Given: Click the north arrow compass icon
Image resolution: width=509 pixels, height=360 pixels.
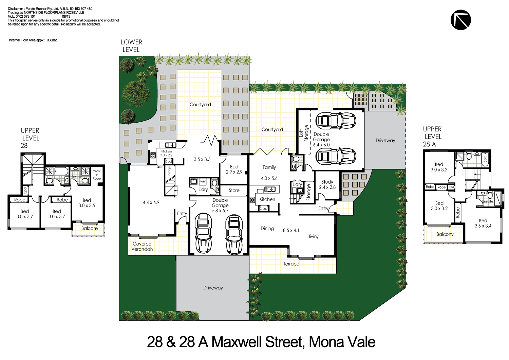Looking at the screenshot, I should [x=460, y=20].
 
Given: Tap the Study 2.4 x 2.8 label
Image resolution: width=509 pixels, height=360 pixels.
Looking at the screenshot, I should [x=327, y=184].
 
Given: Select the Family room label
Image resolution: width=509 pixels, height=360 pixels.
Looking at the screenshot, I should [x=269, y=167].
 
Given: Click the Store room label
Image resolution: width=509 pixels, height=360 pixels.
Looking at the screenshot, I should [x=234, y=190].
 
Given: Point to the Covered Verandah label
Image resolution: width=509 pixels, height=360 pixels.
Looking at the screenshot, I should [x=142, y=246].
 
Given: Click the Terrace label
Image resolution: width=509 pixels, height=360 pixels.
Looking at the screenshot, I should [x=291, y=264].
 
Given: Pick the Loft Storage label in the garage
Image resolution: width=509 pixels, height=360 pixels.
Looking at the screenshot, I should [x=304, y=133].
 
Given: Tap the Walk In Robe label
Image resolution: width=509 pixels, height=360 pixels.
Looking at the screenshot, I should [x=97, y=175].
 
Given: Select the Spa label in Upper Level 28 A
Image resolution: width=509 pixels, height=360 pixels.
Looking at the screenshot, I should [x=485, y=159].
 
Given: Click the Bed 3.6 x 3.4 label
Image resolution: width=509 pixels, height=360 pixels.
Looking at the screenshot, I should [x=483, y=223].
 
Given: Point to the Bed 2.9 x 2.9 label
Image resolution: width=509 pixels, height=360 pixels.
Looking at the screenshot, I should [x=234, y=169].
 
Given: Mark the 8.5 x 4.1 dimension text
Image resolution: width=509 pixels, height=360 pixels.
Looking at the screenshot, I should [x=291, y=230].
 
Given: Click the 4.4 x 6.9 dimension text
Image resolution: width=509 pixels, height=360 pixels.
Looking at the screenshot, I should [x=151, y=202].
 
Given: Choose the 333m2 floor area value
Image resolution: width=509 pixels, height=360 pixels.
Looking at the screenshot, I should [x=52, y=40].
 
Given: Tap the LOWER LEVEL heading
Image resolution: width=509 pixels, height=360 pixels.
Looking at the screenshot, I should [x=131, y=46].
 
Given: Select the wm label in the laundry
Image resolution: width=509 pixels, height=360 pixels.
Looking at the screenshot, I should [x=203, y=181].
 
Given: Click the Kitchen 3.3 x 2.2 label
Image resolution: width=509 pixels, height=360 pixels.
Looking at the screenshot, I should [x=166, y=153].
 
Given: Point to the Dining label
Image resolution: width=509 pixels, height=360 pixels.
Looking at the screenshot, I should [x=267, y=228].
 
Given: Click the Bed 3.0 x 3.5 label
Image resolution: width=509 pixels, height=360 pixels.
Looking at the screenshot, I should [x=87, y=203].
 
